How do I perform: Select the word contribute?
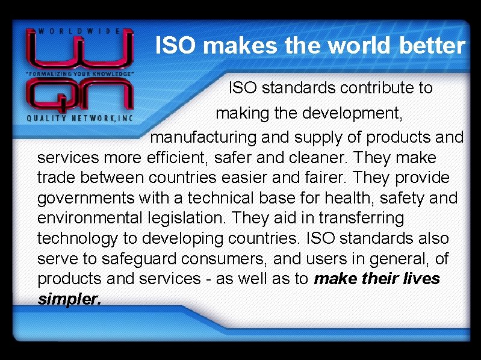(379, 88)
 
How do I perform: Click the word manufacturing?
(204, 137)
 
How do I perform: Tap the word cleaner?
(317, 158)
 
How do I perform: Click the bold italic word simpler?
(69, 299)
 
